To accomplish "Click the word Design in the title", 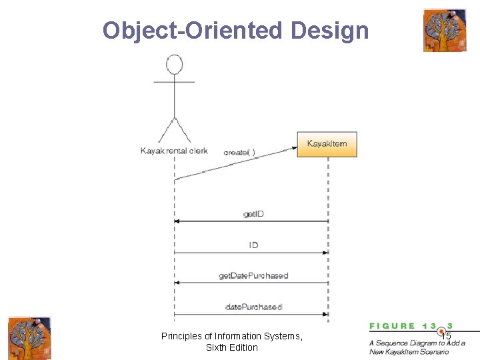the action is click(329, 31).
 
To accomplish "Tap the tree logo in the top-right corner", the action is click(445, 30).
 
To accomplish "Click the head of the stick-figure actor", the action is click(174, 65).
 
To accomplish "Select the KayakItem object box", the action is click(327, 144).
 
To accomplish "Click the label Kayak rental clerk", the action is click(174, 151).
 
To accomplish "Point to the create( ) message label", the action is click(239, 152).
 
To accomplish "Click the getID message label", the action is click(253, 214).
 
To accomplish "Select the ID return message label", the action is click(253, 245).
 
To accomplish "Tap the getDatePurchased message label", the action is click(253, 275).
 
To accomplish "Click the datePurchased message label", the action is click(253, 307).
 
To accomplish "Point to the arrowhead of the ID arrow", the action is click(325, 253).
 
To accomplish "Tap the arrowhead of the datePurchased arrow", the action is click(325, 314).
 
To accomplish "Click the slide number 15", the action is click(446, 336).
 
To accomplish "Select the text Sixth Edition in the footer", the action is click(232, 347).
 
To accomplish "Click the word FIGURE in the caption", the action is click(393, 326).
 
